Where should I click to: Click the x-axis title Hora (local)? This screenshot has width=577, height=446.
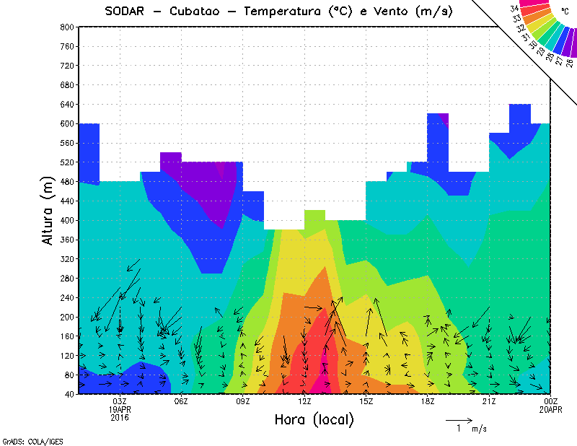point(314,420)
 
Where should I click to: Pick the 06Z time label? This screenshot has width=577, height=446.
point(181,401)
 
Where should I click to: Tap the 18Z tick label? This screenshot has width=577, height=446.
point(427,401)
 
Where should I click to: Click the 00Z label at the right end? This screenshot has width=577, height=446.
point(550,401)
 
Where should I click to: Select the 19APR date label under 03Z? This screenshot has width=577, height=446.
point(120,409)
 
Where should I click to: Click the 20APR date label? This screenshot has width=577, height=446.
point(550,409)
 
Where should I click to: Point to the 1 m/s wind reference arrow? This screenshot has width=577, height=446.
point(458,419)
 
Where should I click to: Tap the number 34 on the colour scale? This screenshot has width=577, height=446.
point(514,9)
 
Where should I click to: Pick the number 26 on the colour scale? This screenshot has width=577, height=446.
point(570,62)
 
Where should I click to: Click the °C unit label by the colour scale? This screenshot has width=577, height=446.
point(564,11)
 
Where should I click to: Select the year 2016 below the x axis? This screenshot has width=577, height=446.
point(120,417)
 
